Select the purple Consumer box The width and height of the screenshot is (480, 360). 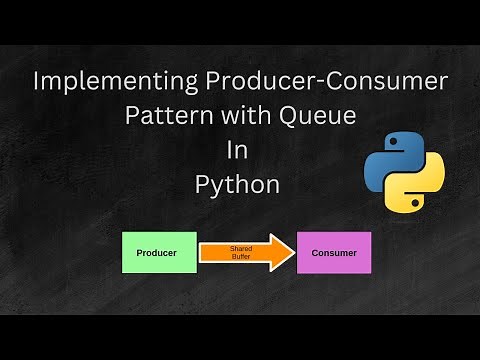(333, 253)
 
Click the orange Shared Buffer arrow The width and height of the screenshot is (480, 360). (240, 253)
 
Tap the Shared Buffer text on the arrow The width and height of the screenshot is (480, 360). (241, 253)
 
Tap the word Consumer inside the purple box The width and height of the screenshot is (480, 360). (333, 253)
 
